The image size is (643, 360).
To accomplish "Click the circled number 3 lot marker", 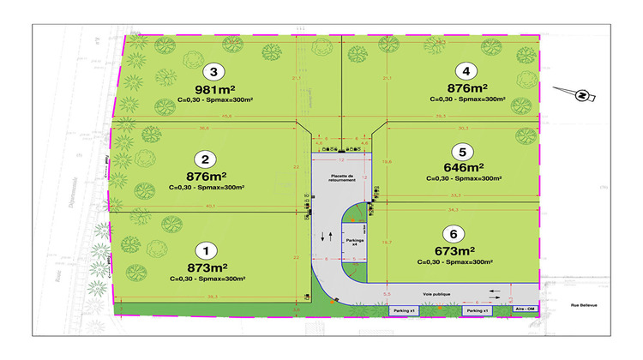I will click(x=216, y=72).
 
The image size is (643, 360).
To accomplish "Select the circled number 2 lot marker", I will click(x=205, y=159).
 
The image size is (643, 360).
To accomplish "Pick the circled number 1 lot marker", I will click(x=205, y=251).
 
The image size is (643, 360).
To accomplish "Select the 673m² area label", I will click(x=449, y=250).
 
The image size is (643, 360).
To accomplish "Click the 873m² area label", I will click(x=206, y=267).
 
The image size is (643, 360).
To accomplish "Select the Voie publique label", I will click(x=436, y=293).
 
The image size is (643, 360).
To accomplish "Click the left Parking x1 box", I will click(x=403, y=310).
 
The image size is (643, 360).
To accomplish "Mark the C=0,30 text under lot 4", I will click(x=442, y=99).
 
